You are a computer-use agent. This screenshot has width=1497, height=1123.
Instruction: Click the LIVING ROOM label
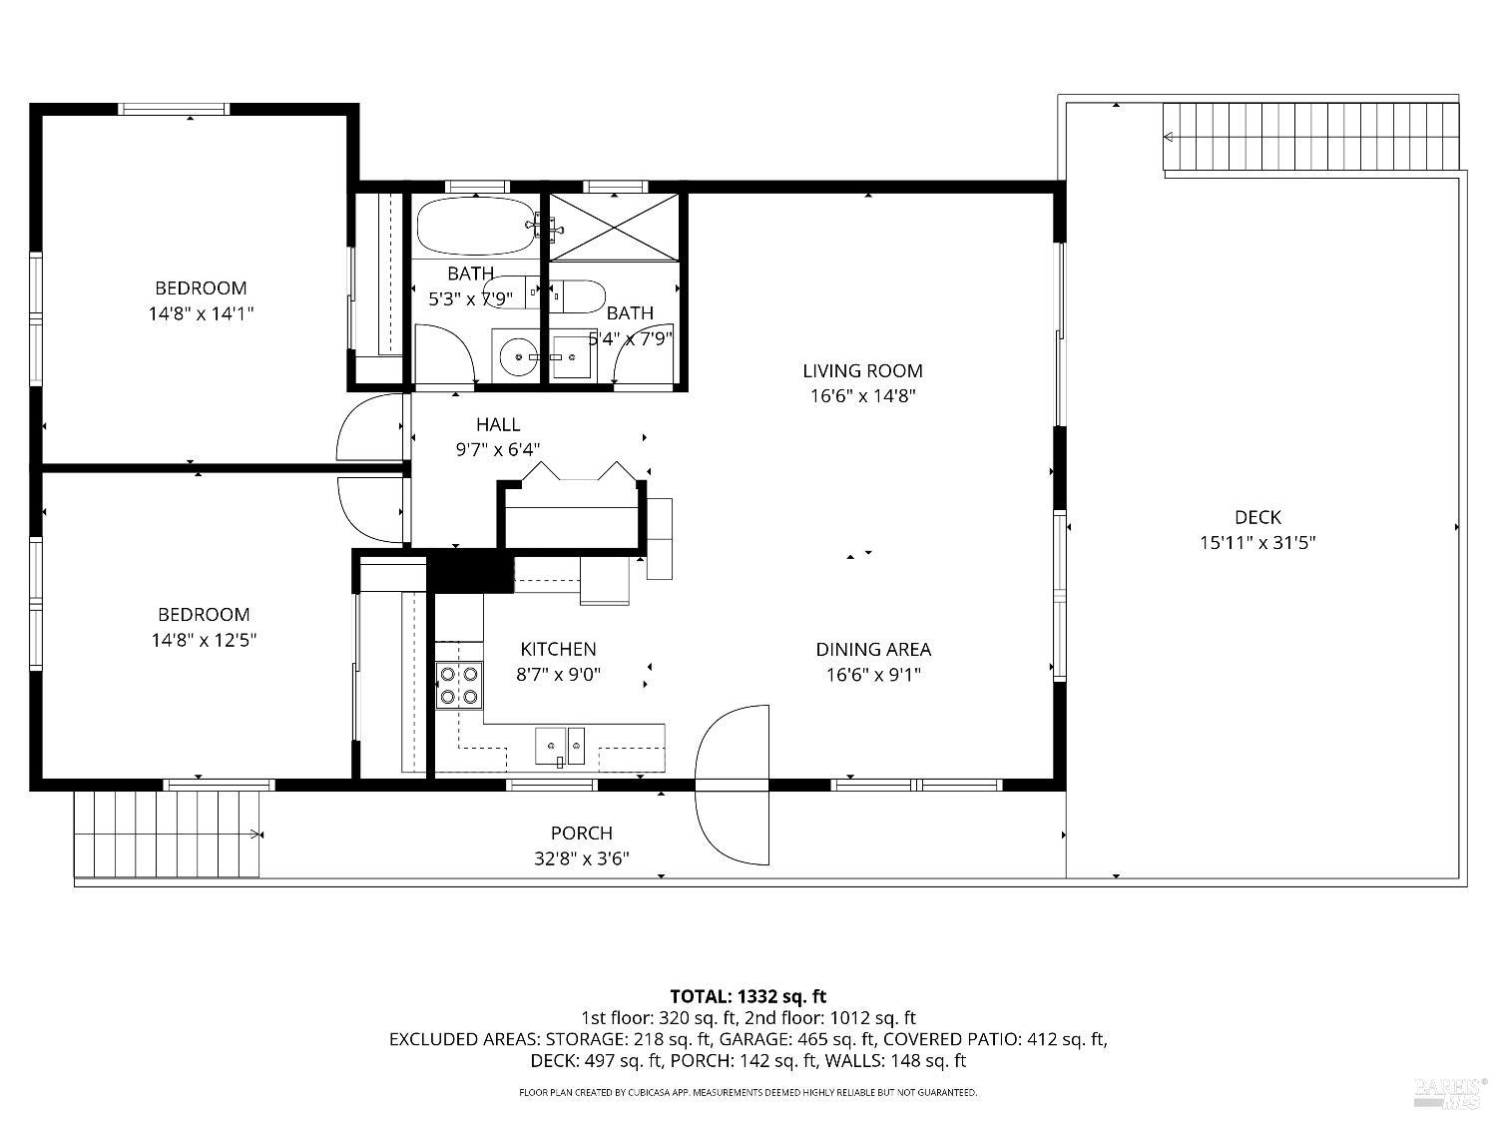(862, 371)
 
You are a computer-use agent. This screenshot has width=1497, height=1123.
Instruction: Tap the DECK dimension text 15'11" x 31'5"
(1257, 543)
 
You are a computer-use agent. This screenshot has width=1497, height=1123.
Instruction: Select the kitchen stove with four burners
(459, 685)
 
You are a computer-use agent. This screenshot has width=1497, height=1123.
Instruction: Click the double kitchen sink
(561, 745)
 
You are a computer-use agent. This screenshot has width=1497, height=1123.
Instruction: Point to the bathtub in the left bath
(477, 226)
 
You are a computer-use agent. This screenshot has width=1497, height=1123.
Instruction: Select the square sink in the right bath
(573, 357)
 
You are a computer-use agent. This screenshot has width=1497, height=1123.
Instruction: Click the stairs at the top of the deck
(1310, 138)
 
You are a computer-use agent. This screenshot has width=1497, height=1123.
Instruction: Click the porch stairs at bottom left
(168, 834)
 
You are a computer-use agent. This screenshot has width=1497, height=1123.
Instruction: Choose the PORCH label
(581, 834)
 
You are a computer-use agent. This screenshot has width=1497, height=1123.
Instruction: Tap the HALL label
(497, 425)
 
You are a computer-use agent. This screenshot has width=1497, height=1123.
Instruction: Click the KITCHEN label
(557, 650)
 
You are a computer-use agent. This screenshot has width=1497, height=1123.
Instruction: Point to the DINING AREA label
(873, 650)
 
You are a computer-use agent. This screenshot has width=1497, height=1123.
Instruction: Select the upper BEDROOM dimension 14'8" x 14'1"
(200, 313)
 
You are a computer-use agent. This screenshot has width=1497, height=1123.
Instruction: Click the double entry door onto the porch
(733, 785)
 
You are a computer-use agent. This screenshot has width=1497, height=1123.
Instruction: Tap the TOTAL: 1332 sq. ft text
(748, 996)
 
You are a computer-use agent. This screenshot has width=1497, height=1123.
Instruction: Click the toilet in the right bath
(580, 295)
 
